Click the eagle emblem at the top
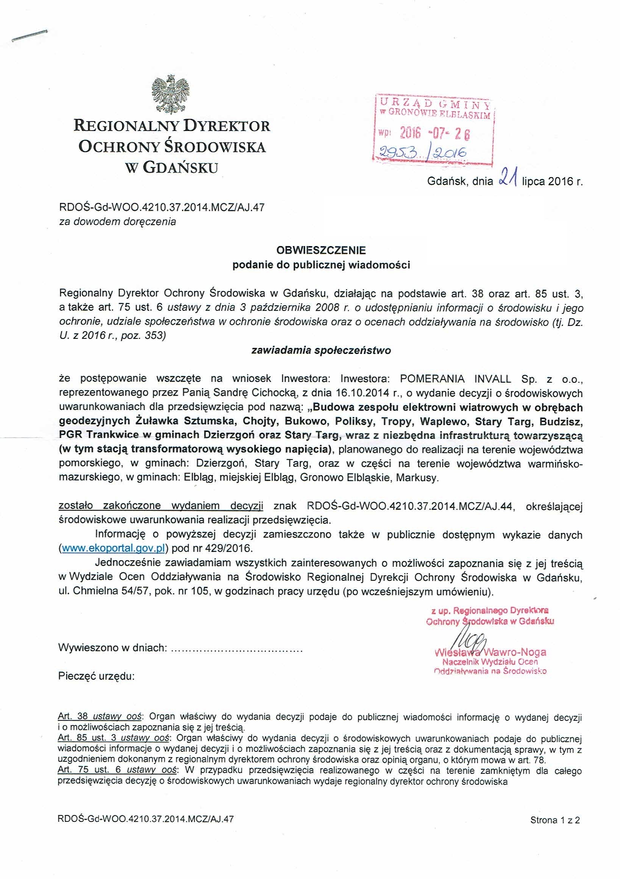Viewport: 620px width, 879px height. click(171, 94)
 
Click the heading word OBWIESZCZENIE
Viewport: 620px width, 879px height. click(321, 251)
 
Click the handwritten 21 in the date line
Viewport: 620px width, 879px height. click(508, 179)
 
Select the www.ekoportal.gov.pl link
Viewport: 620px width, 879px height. click(113, 549)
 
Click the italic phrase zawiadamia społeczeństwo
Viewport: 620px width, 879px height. click(321, 350)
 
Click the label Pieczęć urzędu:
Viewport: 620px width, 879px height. click(97, 676)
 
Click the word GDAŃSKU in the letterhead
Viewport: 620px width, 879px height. click(180, 167)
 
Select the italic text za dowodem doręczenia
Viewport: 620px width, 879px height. click(117, 222)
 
